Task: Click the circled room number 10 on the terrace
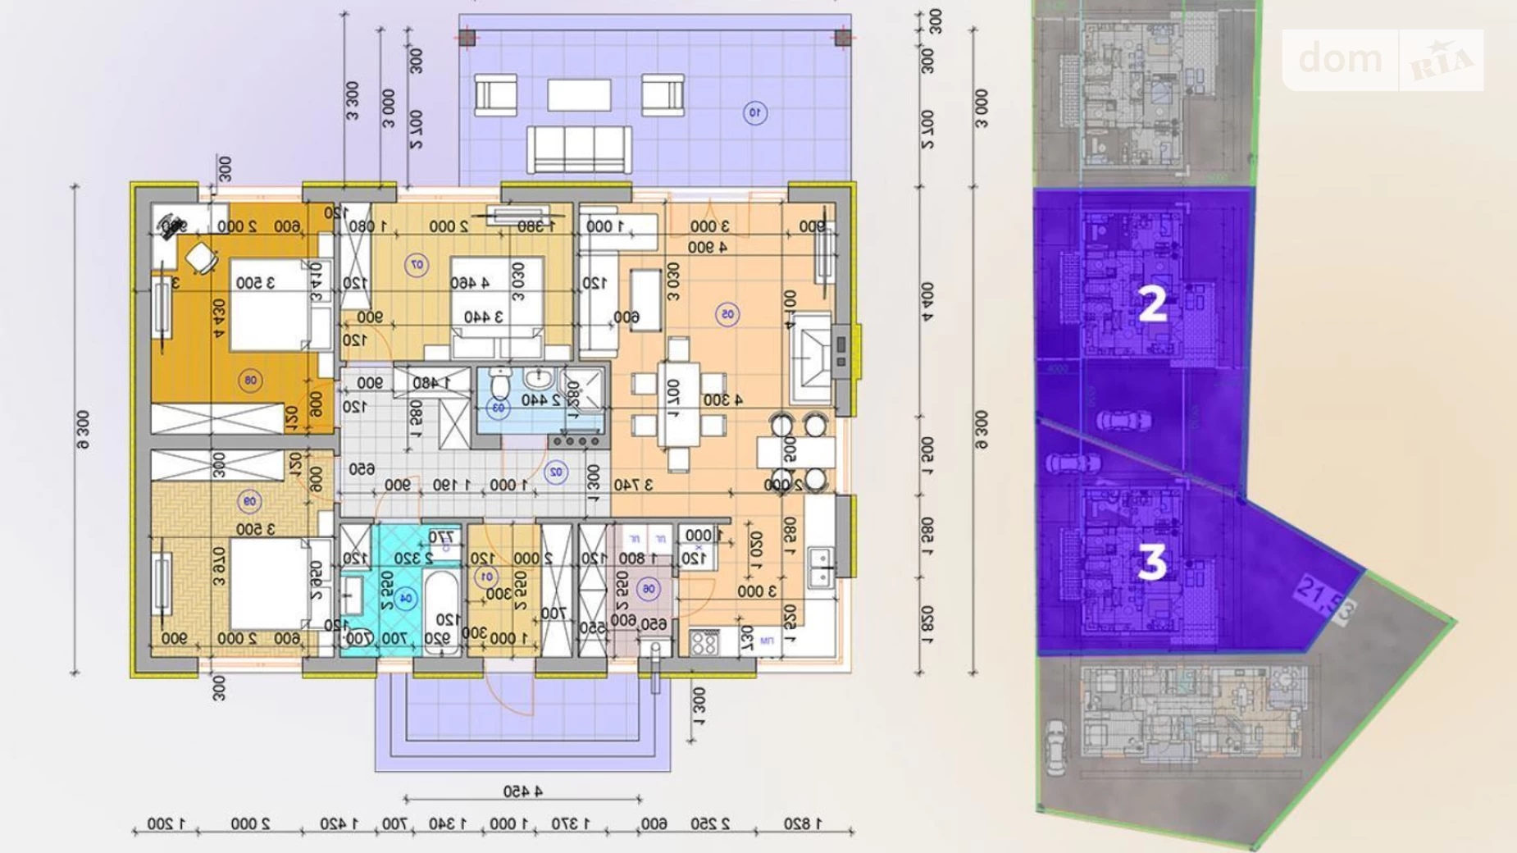755,112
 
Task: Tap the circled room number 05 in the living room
727,314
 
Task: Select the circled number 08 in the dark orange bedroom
250,380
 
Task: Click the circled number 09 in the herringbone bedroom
249,501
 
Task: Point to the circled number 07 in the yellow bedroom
417,265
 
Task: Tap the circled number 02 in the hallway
556,472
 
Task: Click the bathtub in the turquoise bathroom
441,611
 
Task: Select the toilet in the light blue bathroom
500,384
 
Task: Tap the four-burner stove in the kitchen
704,642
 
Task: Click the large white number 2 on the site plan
1152,304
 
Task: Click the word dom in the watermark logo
1340,59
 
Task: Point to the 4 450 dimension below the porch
522,791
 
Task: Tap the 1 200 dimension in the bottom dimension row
166,823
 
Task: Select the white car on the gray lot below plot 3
1055,747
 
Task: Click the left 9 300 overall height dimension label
83,430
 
